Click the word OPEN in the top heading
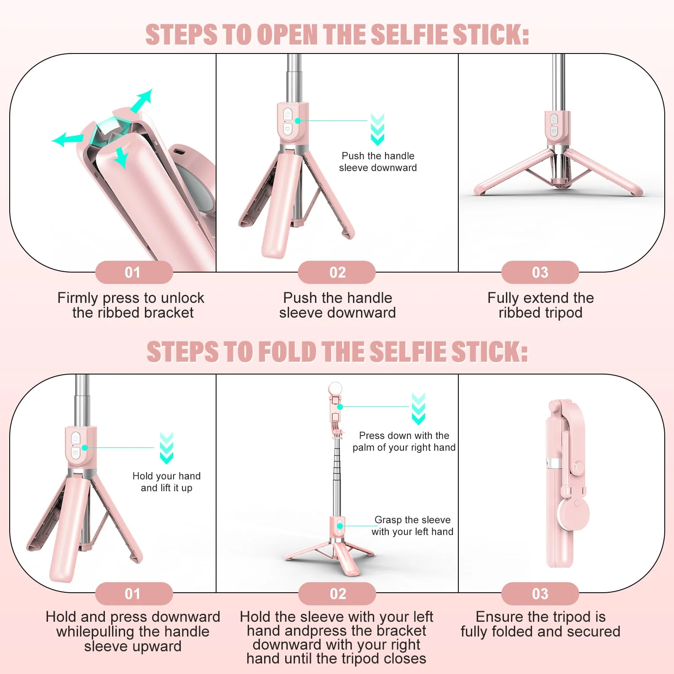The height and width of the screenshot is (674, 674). [x=287, y=35]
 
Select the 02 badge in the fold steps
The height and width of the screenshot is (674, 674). [x=337, y=594]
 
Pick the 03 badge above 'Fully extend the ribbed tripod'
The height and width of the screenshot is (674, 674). [x=540, y=273]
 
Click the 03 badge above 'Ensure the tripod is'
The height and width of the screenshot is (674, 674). [x=540, y=594]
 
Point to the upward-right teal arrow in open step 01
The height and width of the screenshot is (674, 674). [x=142, y=101]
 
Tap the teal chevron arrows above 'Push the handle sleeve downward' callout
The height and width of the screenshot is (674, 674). [x=377, y=130]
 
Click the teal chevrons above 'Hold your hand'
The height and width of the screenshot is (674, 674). [x=166, y=448]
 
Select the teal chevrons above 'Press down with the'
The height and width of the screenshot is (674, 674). [x=418, y=409]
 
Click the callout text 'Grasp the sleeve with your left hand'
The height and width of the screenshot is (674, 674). [x=412, y=526]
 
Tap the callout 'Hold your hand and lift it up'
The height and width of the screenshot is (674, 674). [x=166, y=482]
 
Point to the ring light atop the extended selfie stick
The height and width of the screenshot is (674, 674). [x=335, y=388]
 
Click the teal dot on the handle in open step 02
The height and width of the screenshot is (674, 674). [x=298, y=121]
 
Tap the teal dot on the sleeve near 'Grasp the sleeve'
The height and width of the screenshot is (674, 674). [x=340, y=526]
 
